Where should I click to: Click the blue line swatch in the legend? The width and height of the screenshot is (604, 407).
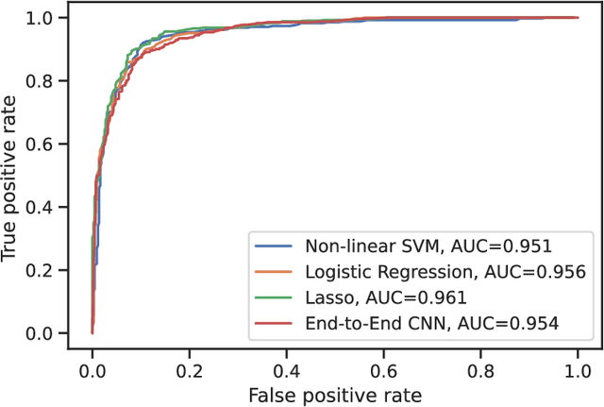[275, 246]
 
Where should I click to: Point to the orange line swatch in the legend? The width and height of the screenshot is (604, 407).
[275, 272]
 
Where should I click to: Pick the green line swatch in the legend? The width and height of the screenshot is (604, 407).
[275, 297]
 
